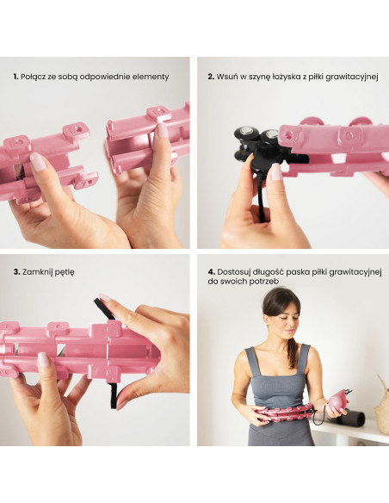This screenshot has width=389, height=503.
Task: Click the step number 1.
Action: pyautogui.click(x=15, y=77)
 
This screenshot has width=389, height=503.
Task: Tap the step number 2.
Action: pyautogui.click(x=211, y=77)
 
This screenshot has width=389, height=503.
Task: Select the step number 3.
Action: pyautogui.click(x=16, y=272)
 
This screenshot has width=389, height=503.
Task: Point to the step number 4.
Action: pyautogui.click(x=211, y=272)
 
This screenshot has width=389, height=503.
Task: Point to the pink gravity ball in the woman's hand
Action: pyautogui.click(x=339, y=401)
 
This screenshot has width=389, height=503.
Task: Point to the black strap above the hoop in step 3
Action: pyautogui.click(x=104, y=308)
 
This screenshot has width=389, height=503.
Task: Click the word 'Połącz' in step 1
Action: pyautogui.click(x=33, y=77)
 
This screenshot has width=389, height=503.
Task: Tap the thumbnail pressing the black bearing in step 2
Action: pyautogui.click(x=276, y=171)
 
